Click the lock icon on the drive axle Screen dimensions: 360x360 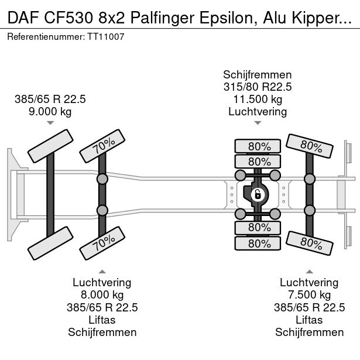point(256,195)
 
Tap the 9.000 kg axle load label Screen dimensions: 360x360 point(50,111)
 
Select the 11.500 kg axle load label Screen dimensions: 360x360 point(258,100)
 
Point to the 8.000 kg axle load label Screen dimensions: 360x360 point(102,295)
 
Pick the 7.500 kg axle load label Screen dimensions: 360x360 point(309,295)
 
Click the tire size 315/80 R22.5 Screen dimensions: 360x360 point(258,87)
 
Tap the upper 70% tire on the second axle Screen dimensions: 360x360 point(102,146)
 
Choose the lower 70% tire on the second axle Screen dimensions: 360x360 point(102,243)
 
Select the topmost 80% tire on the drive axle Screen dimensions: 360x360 point(258,146)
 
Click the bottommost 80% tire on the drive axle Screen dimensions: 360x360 point(258,243)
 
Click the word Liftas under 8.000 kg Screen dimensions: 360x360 point(102,320)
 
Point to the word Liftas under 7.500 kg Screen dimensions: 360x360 point(309,320)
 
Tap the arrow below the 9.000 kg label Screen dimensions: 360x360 point(50,123)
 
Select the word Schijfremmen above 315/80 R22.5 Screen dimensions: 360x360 point(258,75)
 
